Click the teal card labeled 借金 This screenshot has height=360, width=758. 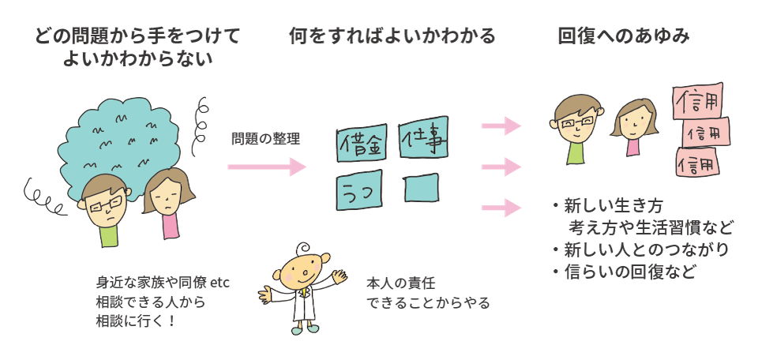click(x=362, y=143)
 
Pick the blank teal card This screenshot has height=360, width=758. click(x=422, y=189)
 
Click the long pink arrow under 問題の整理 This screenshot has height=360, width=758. click(x=266, y=167)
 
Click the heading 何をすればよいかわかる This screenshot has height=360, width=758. click(x=392, y=36)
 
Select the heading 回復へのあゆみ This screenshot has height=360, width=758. click(x=624, y=36)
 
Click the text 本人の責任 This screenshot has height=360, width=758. click(x=401, y=282)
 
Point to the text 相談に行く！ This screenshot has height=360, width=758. click(x=138, y=322)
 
